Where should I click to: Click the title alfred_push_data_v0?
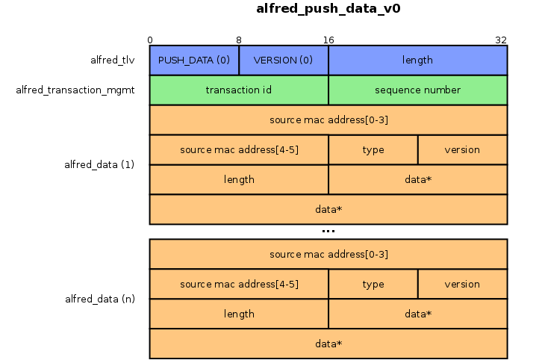tap(328, 9)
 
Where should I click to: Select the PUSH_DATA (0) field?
tap(194, 60)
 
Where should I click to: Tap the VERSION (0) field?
tap(284, 60)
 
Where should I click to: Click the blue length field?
tap(418, 60)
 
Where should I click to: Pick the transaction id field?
tap(239, 90)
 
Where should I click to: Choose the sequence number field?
tap(418, 90)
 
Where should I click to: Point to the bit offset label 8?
tap(239, 40)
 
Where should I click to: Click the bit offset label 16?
tap(328, 40)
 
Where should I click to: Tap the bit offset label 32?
tap(501, 40)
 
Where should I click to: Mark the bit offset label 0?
tap(150, 40)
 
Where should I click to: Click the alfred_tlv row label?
tap(113, 60)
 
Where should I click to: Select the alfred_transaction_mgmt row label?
tap(75, 90)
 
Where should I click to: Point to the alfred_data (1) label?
tap(99, 164)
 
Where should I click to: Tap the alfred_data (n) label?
tap(100, 299)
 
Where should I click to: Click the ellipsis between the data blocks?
tap(328, 232)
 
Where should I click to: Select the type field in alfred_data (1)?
tap(373, 150)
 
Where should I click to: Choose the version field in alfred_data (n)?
tap(463, 285)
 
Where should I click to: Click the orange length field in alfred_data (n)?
tap(239, 314)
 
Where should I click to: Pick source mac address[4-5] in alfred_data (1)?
tap(239, 150)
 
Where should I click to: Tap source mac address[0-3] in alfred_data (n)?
tap(328, 254)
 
